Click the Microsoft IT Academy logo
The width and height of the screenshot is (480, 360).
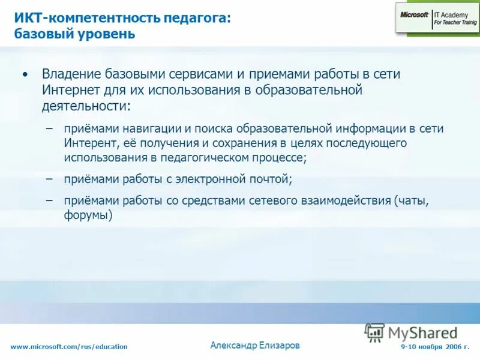coord(436,18)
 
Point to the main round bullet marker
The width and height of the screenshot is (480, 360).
coord(24,75)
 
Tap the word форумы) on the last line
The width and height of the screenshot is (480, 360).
coord(89,215)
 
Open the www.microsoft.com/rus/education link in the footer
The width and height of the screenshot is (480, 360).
coord(69,347)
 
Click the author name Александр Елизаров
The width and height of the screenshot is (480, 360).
coord(255,345)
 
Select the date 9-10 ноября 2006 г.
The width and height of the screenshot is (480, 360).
coord(435,347)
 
